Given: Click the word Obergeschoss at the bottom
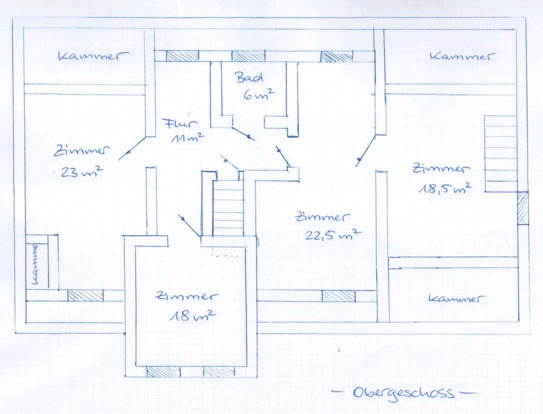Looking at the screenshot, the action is click(403, 392).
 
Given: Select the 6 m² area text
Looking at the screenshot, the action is click(258, 95).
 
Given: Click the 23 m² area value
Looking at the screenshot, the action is click(81, 172).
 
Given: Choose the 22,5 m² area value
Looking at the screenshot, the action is click(333, 234).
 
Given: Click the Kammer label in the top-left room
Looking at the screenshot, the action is click(93, 56).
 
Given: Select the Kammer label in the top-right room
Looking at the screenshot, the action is click(462, 56).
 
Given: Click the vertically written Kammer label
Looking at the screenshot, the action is click(37, 262).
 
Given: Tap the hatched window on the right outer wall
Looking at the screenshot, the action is click(523, 208).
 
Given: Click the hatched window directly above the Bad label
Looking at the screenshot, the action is click(248, 56).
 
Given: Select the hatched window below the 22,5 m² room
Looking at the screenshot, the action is click(339, 296).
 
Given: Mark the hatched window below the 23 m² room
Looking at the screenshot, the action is click(85, 295).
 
